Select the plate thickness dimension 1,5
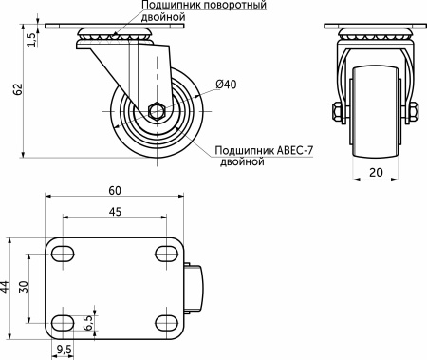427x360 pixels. [31, 39]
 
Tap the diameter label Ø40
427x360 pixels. [226, 85]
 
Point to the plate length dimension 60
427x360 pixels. [115, 190]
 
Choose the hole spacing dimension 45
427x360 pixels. [115, 212]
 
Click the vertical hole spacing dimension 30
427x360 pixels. [26, 287]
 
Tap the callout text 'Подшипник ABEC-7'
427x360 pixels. [265, 149]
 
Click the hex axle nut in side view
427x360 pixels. [158, 111]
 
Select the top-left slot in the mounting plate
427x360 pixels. [65, 254]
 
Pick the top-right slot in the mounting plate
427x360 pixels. [165, 254]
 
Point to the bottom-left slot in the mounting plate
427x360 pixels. [65, 320]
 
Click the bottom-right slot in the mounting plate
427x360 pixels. [165, 320]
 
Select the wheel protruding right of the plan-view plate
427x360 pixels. [195, 287]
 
